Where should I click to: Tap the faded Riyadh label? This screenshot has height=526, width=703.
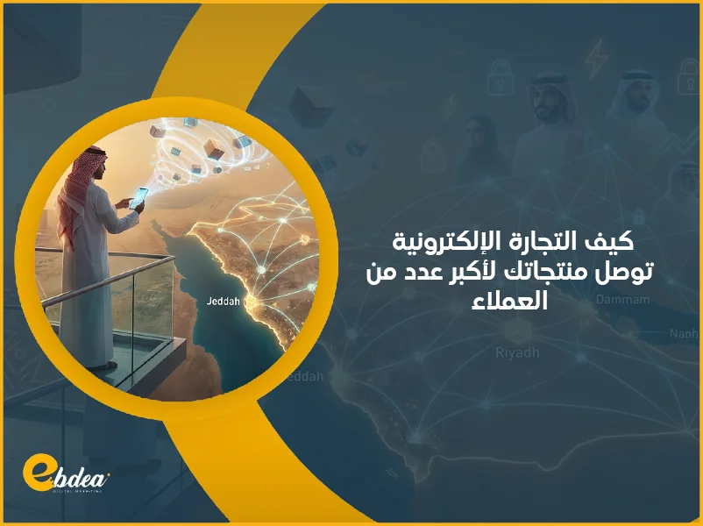pyautogui.click(x=514, y=353)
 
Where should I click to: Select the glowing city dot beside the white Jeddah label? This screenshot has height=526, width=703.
pyautogui.click(x=249, y=302)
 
